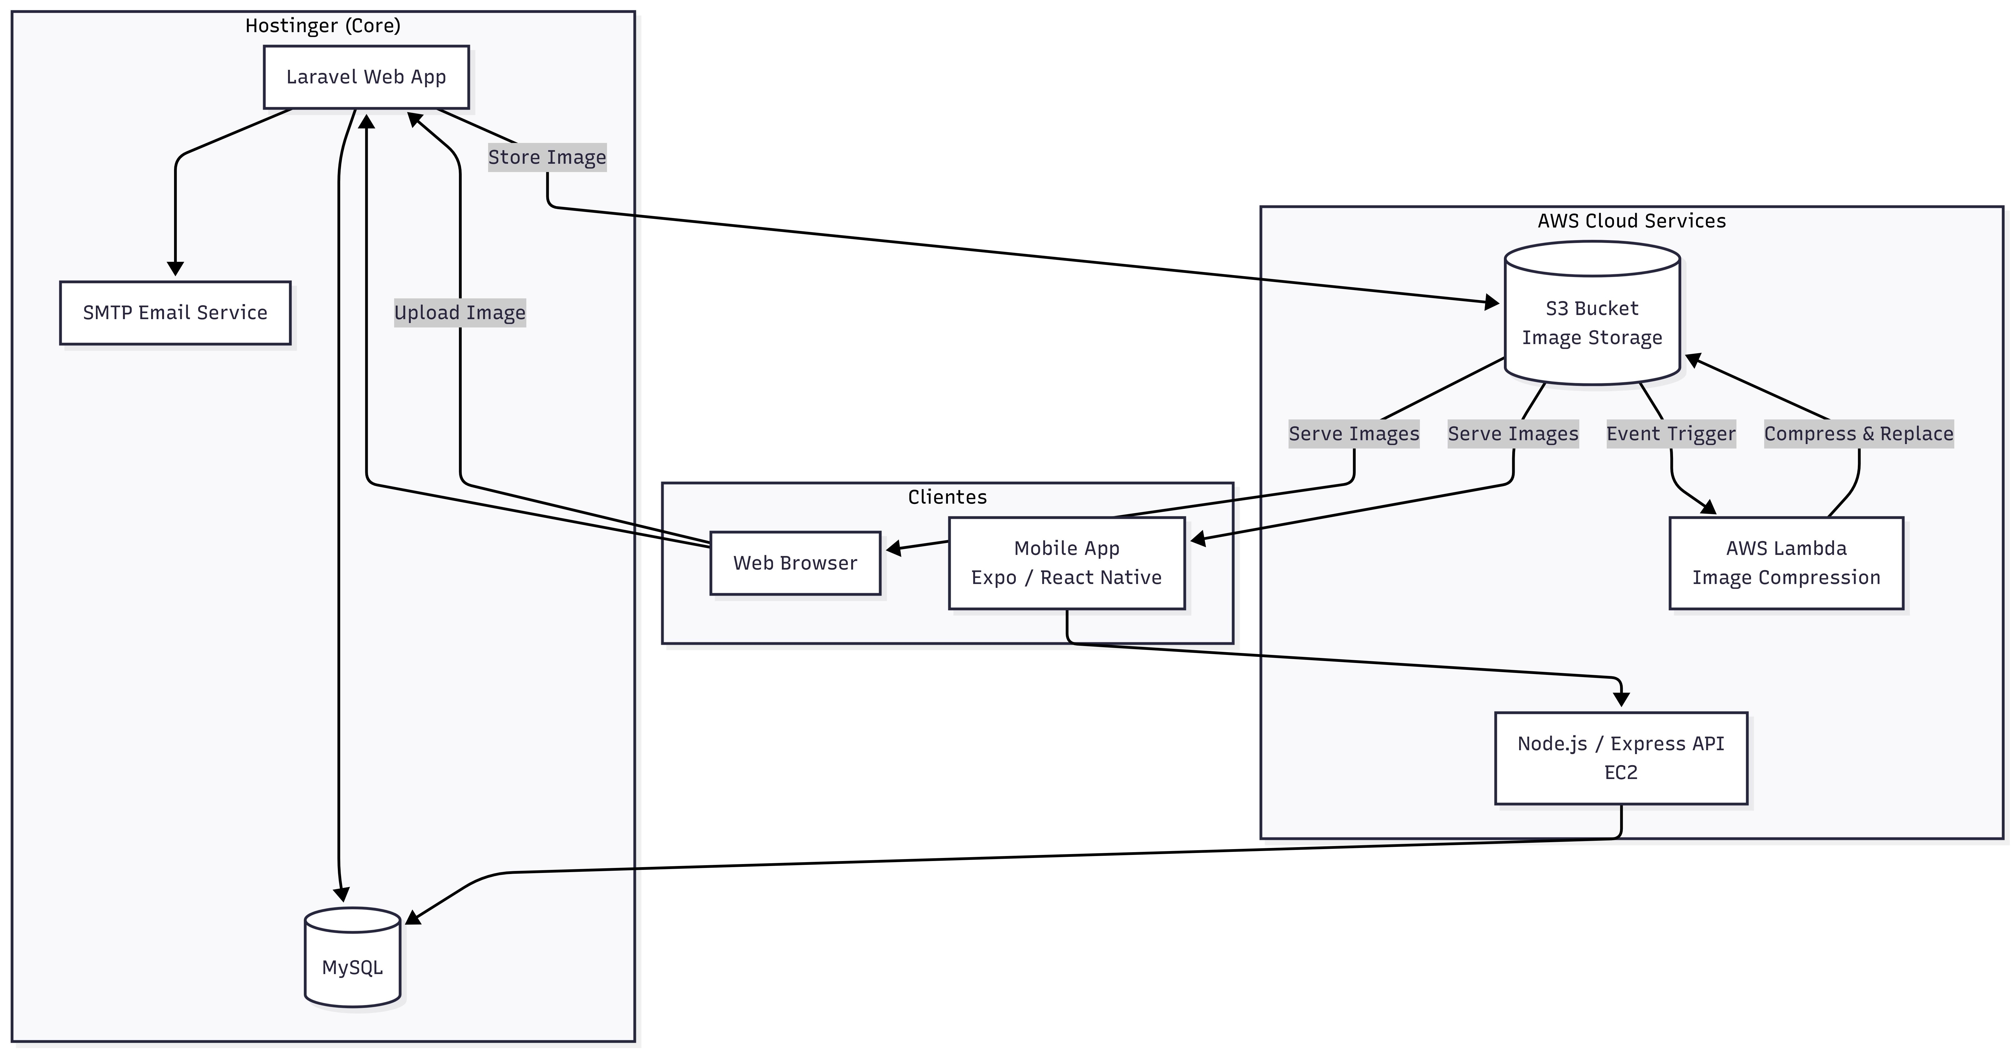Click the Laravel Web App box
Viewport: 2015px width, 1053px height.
pyautogui.click(x=366, y=77)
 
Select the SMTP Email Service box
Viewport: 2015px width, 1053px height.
pyautogui.click(x=175, y=313)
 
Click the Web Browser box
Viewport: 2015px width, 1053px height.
pyautogui.click(x=795, y=563)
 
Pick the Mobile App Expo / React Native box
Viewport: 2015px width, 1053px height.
pyautogui.click(x=1066, y=563)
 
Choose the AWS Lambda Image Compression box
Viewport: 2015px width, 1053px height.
pyautogui.click(x=1786, y=563)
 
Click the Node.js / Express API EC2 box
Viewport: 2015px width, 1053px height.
pyautogui.click(x=1621, y=757)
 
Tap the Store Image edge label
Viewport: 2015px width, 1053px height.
pyautogui.click(x=547, y=157)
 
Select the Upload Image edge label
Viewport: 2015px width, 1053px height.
pyautogui.click(x=459, y=313)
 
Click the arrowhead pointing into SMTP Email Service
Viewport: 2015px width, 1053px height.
pyautogui.click(x=175, y=268)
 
